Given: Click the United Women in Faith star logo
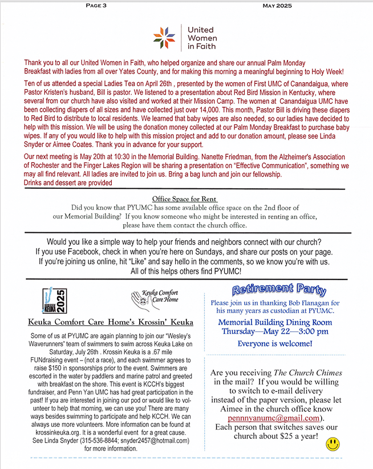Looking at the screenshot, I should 165,38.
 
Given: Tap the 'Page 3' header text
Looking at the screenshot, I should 99,6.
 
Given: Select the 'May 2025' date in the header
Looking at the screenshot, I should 277,6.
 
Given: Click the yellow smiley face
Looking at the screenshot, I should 333,444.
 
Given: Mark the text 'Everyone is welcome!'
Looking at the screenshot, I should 274,343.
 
